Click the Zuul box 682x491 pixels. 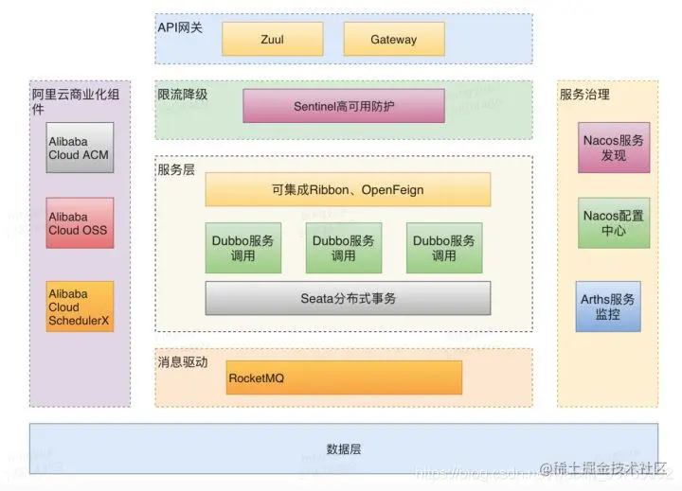point(272,40)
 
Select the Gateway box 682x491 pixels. point(393,40)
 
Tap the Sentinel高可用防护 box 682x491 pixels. point(344,106)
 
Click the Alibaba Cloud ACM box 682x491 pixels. point(81,148)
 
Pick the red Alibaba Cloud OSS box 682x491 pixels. point(81,223)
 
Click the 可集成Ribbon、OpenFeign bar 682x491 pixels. point(348,190)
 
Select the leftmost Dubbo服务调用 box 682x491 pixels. point(243,248)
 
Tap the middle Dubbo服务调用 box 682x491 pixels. point(344,248)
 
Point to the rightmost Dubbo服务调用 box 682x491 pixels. point(444,248)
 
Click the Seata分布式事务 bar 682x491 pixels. point(348,298)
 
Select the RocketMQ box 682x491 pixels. point(343,377)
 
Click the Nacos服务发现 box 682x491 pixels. point(614,148)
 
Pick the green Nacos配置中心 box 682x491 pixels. point(614,223)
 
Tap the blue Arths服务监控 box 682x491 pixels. point(608,307)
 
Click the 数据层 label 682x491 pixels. point(343,449)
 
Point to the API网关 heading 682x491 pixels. point(180,27)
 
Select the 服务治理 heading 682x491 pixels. point(584,95)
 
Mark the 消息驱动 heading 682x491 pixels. point(182,362)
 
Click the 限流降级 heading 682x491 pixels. point(182,95)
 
